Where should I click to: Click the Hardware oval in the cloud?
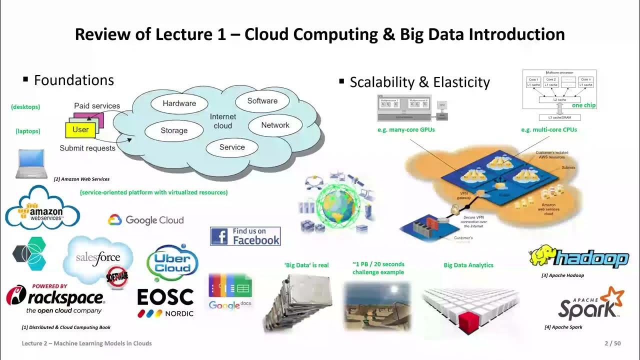click(179, 103)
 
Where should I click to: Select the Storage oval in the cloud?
click(174, 130)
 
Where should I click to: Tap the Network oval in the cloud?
click(275, 125)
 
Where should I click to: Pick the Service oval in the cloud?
click(232, 147)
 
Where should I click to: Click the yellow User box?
click(80, 129)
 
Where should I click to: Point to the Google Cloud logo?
click(146, 220)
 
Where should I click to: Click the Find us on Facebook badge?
click(245, 236)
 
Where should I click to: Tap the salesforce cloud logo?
click(98, 258)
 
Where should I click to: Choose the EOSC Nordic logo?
click(165, 302)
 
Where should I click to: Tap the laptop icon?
click(31, 163)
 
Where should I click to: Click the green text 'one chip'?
click(583, 105)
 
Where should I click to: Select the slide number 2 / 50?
click(612, 343)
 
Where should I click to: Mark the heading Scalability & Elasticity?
click(419, 82)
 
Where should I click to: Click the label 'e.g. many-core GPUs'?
click(406, 130)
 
